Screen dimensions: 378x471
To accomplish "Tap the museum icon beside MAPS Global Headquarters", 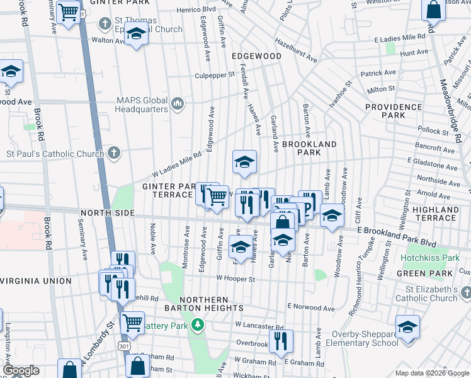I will click(x=178, y=103).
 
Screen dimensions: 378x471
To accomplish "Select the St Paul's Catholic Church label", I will click(x=55, y=154).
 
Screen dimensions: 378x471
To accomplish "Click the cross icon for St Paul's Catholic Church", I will click(x=113, y=152).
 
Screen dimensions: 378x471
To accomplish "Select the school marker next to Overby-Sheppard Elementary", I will click(x=407, y=328).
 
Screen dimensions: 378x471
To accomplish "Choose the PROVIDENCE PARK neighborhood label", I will click(x=394, y=112).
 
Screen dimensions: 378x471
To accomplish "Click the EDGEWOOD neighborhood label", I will click(x=256, y=56).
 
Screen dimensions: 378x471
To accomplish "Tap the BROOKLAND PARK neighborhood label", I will click(x=309, y=148).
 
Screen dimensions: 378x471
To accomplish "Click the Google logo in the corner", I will click(x=21, y=371).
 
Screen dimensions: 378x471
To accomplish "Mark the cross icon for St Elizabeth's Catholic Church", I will click(x=465, y=293).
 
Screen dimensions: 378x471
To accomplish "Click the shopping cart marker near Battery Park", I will click(x=133, y=323).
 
